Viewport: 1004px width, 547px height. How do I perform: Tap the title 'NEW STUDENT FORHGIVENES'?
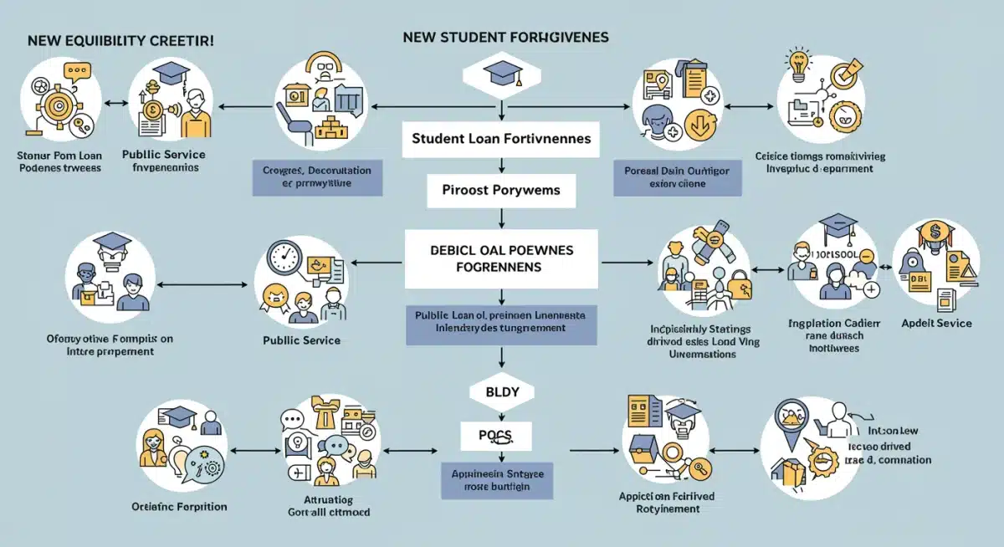(505, 38)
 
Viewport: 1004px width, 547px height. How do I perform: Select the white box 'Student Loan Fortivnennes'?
(500, 138)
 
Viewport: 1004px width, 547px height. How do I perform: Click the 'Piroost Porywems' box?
(500, 190)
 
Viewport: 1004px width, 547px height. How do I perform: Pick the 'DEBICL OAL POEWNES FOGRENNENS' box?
(500, 258)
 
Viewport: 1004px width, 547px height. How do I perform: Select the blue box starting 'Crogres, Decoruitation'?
(316, 176)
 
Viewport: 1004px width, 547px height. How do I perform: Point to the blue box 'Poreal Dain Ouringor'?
(678, 176)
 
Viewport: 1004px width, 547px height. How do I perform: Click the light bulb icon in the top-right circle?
(794, 64)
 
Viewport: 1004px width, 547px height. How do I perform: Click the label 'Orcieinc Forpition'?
(179, 506)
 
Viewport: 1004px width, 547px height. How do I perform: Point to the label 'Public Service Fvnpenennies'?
(163, 161)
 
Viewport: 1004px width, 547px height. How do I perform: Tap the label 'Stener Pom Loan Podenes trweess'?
(59, 161)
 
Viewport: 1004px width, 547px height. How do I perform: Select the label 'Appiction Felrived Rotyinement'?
(667, 501)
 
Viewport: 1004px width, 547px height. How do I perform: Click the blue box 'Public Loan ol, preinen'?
(500, 322)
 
